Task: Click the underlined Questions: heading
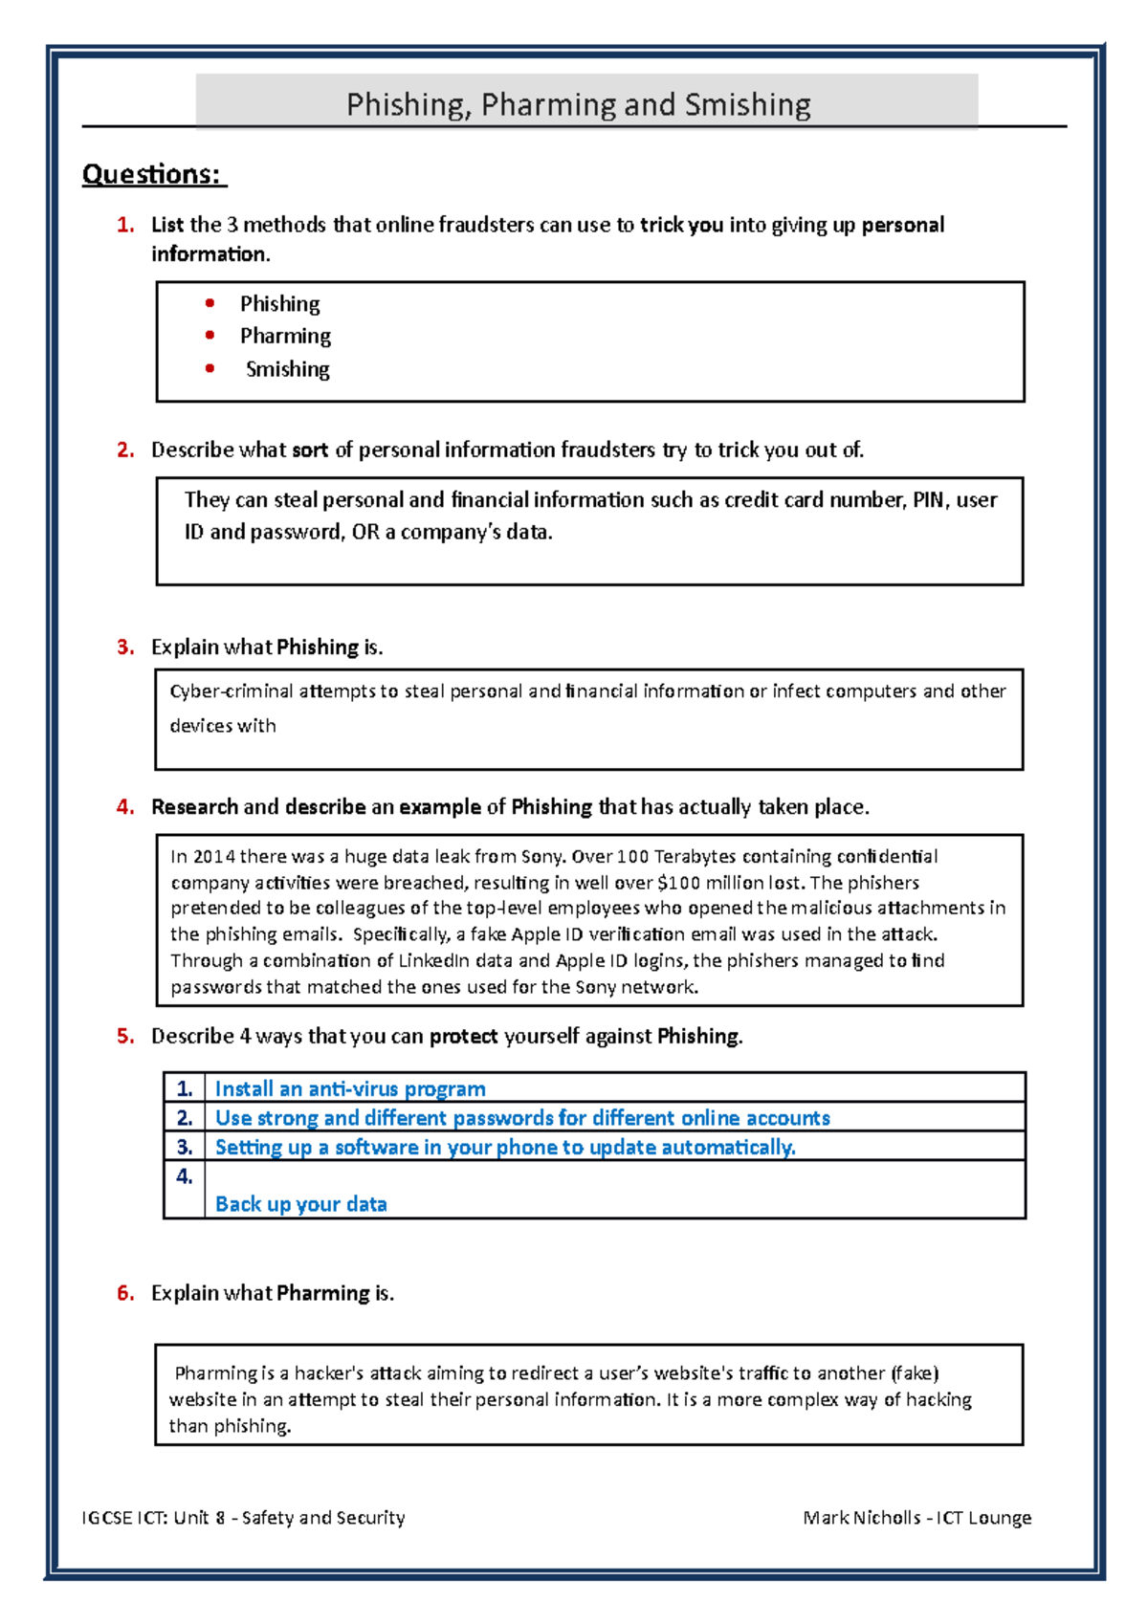click(x=152, y=174)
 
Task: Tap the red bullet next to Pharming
click(x=210, y=335)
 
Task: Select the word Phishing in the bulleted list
click(x=279, y=303)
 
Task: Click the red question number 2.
click(x=125, y=450)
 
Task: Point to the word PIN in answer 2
click(x=928, y=499)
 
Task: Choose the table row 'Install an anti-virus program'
click(x=350, y=1088)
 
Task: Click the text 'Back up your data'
click(x=301, y=1203)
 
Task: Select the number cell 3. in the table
click(x=185, y=1146)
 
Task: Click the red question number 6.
click(x=125, y=1293)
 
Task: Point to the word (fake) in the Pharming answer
click(x=915, y=1372)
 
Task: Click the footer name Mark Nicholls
click(x=861, y=1517)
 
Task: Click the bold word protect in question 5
click(x=463, y=1036)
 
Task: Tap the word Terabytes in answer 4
click(x=695, y=856)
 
